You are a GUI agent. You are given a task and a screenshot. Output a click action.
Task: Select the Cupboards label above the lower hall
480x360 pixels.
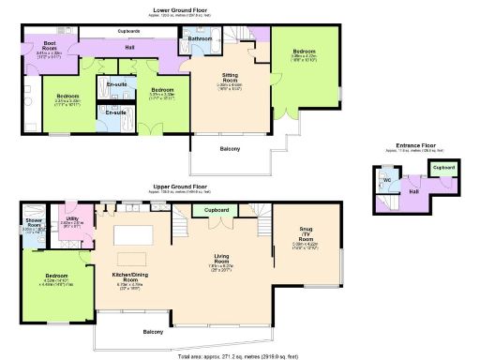(x=128, y=31)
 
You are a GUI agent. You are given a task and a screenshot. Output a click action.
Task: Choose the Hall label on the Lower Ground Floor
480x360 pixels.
(x=129, y=47)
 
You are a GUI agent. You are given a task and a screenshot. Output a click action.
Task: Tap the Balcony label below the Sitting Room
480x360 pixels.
(x=230, y=149)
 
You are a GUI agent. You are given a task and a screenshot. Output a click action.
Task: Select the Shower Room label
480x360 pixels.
(x=34, y=223)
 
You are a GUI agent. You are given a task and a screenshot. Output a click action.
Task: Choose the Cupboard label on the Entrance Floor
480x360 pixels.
(x=442, y=168)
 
